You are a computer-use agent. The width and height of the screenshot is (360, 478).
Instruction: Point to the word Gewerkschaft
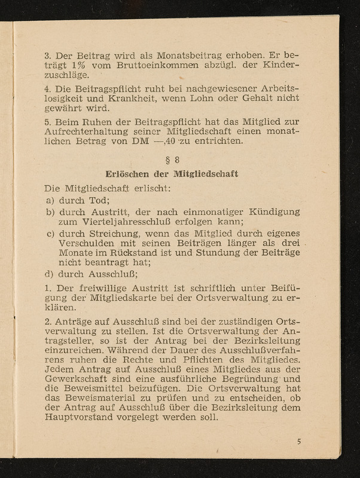click(89, 375)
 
